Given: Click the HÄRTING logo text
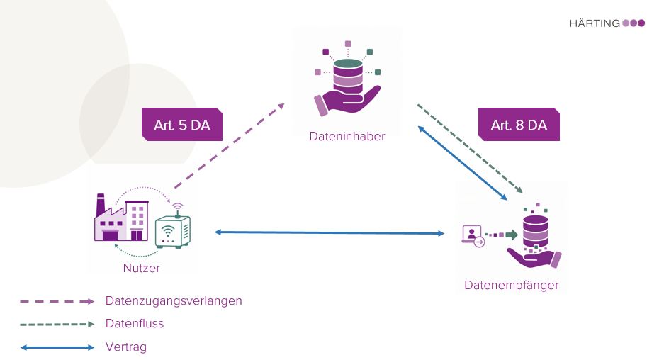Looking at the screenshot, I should click(x=594, y=23).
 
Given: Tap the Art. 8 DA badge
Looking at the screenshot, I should click(x=519, y=125).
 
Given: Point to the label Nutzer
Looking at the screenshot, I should click(x=142, y=268).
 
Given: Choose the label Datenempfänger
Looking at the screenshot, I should click(x=512, y=285).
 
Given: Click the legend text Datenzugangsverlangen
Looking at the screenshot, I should click(x=174, y=300).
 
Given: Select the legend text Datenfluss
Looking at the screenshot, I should click(x=135, y=323).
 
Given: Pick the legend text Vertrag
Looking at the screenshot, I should click(x=126, y=347).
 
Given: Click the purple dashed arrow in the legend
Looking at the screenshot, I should click(x=57, y=301).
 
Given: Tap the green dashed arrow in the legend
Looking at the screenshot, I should click(x=57, y=324).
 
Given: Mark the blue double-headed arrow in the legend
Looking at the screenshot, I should click(x=57, y=347).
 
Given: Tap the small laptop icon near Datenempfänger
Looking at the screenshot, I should click(x=472, y=235).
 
